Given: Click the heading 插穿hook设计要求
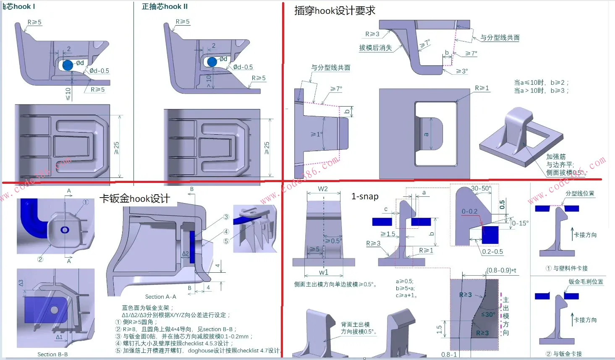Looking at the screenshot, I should tap(335, 10).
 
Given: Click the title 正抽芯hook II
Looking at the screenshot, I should tap(165, 7).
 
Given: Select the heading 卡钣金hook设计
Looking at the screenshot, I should tap(135, 198).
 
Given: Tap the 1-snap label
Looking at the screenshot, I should tap(365, 196).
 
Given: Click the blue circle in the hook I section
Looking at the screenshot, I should tap(68, 65).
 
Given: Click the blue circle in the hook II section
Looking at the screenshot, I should tap(212, 62).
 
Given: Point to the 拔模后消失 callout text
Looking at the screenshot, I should tap(375, 48).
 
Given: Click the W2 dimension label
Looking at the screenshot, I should tap(323, 189).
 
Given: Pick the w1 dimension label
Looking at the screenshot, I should tap(323, 272).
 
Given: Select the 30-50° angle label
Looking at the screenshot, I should tap(481, 188).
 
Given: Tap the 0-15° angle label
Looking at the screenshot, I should tap(520, 223).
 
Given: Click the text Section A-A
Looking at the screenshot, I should tap(160, 297).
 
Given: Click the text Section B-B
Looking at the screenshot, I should tap(52, 355).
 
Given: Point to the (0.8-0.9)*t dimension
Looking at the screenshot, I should tap(502, 270).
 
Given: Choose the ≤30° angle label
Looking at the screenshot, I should tap(488, 315).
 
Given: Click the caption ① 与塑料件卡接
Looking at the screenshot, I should tap(566, 268).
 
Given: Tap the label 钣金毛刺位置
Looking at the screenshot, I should tap(586, 282).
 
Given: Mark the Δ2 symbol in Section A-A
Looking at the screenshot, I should tap(185, 253).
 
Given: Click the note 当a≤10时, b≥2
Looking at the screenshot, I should tap(541, 83).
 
